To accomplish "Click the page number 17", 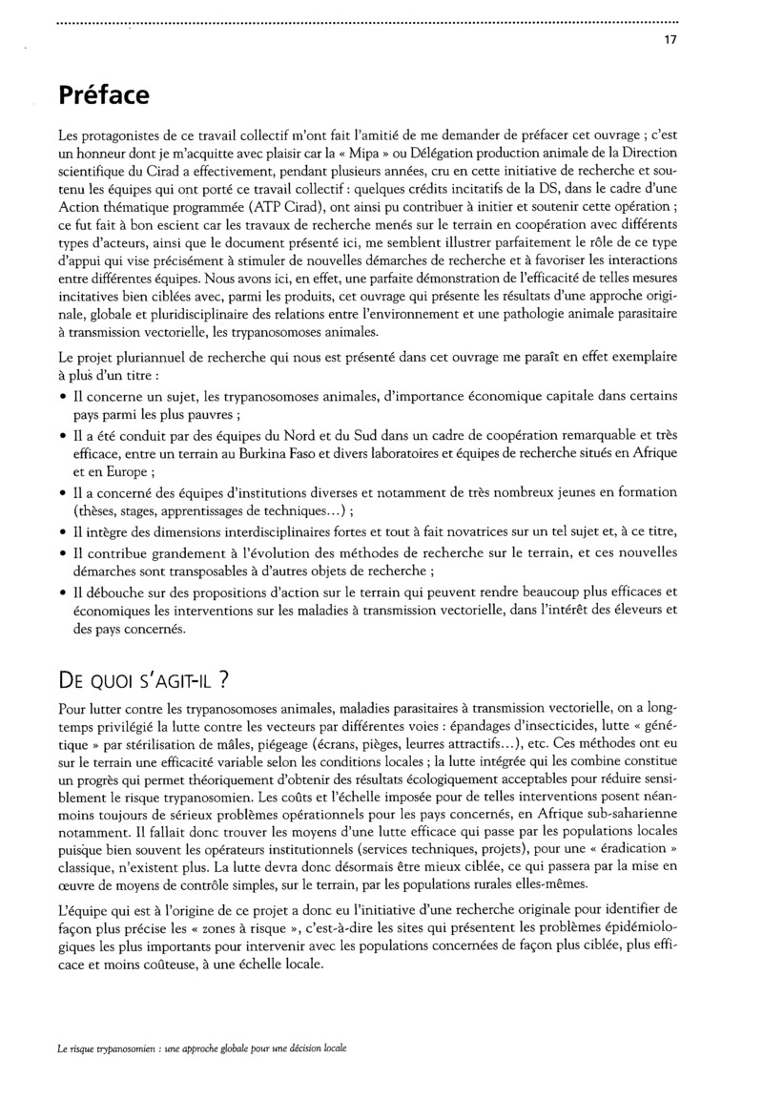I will coord(671,40).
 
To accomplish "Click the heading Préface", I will coord(103,95).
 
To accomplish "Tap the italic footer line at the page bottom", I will coord(201,1048).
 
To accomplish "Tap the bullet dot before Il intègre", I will coord(63,532).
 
